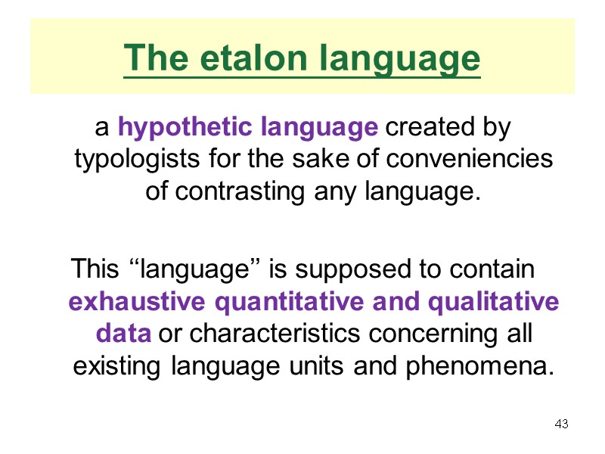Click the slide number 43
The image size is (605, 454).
561,424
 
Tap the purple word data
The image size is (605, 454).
124,334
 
